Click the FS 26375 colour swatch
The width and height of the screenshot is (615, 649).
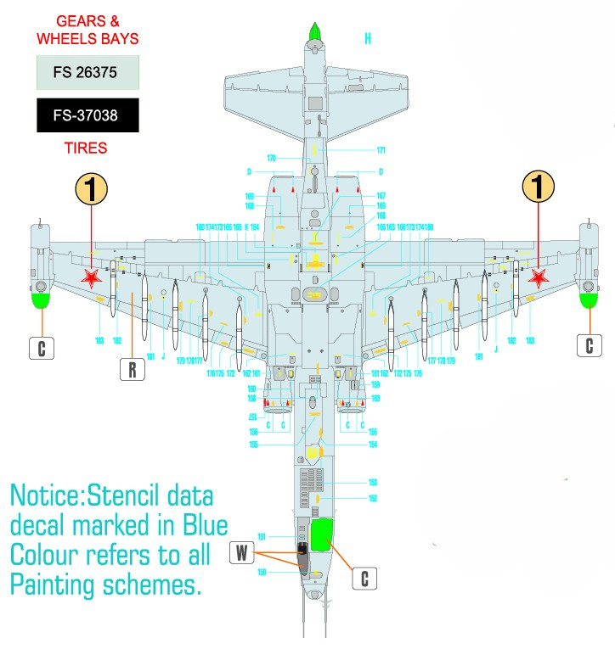click(87, 73)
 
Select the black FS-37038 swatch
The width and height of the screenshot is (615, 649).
click(87, 116)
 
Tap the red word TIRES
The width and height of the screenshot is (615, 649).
click(86, 148)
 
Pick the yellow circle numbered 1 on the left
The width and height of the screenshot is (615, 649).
click(92, 188)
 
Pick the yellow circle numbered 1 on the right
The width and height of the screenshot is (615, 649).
click(539, 187)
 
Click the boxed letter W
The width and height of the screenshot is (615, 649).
click(241, 554)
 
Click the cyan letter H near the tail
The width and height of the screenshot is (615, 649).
click(368, 39)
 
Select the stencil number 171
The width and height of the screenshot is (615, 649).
click(381, 150)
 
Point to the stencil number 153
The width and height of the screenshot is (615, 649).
click(372, 482)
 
